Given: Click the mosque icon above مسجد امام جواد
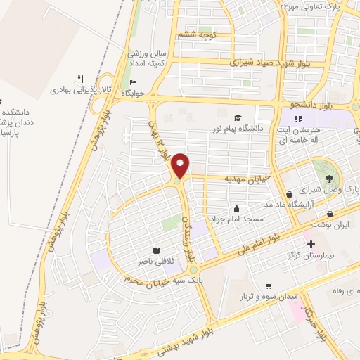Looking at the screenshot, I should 236,209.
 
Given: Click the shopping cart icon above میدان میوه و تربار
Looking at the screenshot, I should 267,286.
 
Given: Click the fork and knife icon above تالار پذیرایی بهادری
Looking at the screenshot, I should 81,79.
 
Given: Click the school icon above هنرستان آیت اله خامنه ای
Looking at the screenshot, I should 298,118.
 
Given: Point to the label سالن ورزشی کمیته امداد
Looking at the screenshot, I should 147,58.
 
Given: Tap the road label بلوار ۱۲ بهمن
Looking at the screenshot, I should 160,140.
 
